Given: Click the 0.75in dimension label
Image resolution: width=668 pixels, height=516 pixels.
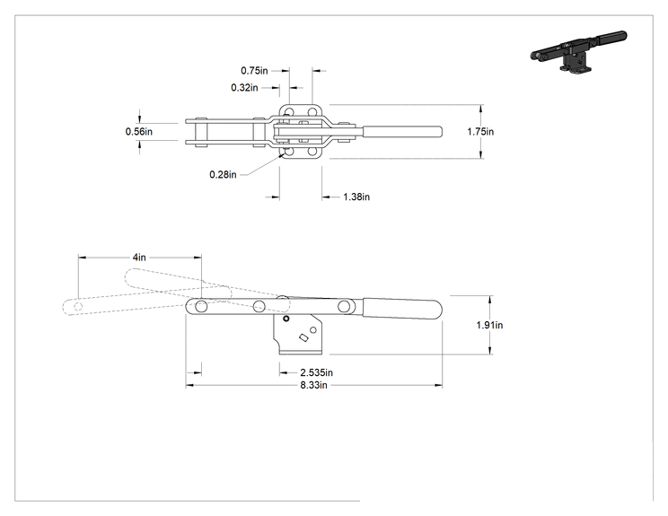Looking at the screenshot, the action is pyautogui.click(x=254, y=71).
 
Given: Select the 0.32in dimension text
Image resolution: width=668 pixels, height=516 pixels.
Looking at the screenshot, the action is pyautogui.click(x=244, y=88).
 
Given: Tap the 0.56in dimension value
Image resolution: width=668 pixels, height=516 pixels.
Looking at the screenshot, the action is pyautogui.click(x=139, y=132).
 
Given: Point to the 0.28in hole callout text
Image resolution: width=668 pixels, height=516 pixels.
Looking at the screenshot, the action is pyautogui.click(x=223, y=175).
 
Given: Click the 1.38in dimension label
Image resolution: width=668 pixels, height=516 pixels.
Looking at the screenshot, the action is pyautogui.click(x=356, y=197).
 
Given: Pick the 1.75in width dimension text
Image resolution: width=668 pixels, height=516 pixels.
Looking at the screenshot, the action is pyautogui.click(x=480, y=132).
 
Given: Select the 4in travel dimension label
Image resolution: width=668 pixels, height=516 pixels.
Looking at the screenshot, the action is pyautogui.click(x=139, y=258).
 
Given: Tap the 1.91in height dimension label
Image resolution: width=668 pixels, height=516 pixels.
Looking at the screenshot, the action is pyautogui.click(x=489, y=325).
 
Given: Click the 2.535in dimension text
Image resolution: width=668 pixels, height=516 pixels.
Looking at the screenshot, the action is pyautogui.click(x=317, y=372).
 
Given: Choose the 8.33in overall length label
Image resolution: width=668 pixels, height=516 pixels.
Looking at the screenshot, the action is pyautogui.click(x=314, y=385).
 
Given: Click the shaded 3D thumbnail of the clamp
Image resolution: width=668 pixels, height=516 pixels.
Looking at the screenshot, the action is pyautogui.click(x=579, y=51).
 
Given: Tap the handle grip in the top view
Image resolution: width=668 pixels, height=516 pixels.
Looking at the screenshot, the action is pyautogui.click(x=402, y=132).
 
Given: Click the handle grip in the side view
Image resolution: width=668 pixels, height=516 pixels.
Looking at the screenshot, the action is pyautogui.click(x=402, y=308).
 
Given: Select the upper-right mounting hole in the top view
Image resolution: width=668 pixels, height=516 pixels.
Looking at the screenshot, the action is pyautogui.click(x=312, y=112).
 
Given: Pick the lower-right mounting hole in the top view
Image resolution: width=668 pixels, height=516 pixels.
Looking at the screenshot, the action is pyautogui.click(x=312, y=151).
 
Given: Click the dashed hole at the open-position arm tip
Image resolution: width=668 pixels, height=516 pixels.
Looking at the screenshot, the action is pyautogui.click(x=78, y=306).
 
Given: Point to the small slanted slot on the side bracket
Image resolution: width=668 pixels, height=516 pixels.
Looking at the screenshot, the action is pyautogui.click(x=303, y=337).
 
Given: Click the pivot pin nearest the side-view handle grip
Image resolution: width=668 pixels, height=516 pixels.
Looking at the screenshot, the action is pyautogui.click(x=344, y=306).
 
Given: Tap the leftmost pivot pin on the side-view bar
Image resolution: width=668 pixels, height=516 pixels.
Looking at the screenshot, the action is pyautogui.click(x=201, y=306).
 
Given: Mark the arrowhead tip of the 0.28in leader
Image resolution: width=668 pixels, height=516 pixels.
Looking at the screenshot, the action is pyautogui.click(x=283, y=154).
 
